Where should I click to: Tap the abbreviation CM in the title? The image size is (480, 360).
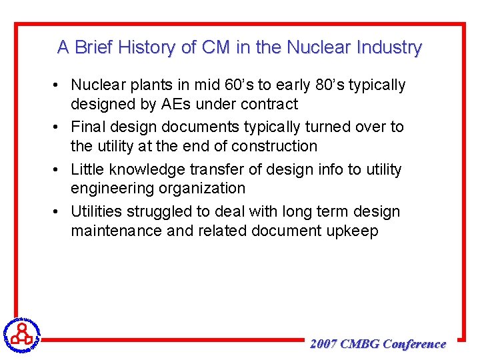pyautogui.click(x=215, y=47)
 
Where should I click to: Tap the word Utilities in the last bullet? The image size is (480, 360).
pyautogui.click(x=97, y=212)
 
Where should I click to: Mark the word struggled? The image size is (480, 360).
pyautogui.click(x=163, y=212)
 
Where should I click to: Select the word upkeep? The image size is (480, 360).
pyautogui.click(x=353, y=231)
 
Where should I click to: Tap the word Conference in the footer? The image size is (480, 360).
pyautogui.click(x=415, y=344)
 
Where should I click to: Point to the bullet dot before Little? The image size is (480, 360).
pyautogui.click(x=59, y=170)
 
